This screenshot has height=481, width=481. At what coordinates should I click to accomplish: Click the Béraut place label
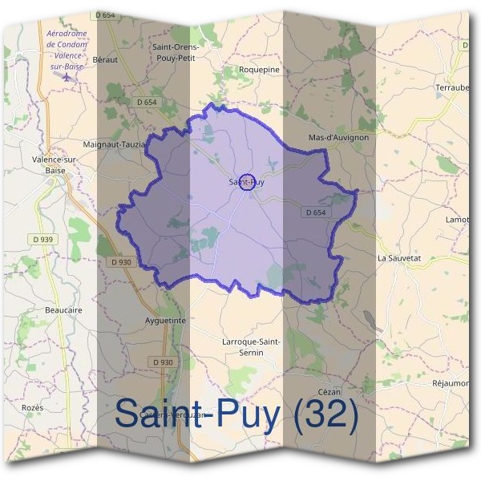click(105, 60)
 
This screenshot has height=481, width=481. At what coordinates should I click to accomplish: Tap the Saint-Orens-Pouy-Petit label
click(176, 53)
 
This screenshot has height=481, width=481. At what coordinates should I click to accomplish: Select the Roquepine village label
click(258, 70)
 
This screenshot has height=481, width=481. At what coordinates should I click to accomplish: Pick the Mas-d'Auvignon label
click(338, 138)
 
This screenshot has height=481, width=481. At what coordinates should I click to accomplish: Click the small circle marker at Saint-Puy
click(247, 182)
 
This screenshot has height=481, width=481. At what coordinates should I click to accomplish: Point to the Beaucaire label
click(64, 309)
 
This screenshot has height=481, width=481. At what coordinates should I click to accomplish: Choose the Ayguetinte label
click(167, 320)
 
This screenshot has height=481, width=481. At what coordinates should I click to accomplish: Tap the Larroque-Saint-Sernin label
click(251, 347)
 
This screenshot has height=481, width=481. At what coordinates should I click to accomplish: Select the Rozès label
click(33, 407)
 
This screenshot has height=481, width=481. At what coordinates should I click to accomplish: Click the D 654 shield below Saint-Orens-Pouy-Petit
click(146, 103)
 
